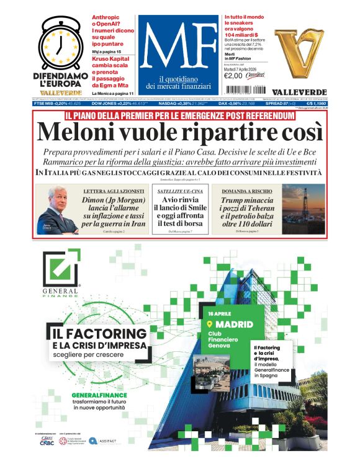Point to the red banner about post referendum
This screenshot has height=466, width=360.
(x=179, y=115)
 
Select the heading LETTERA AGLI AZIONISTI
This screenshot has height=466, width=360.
(x=114, y=190)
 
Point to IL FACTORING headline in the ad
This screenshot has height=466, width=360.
(x=99, y=334)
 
